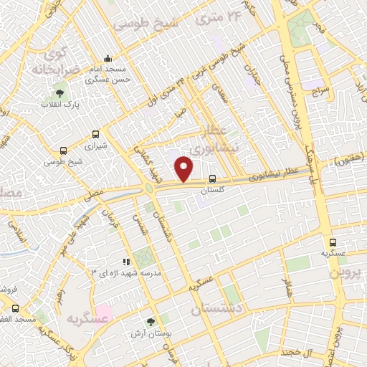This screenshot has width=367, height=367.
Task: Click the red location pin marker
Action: [184, 169]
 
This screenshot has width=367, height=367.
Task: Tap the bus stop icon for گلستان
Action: [212, 179]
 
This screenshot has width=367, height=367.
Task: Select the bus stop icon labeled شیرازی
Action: [95, 133]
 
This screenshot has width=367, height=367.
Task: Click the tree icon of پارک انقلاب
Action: [59, 93]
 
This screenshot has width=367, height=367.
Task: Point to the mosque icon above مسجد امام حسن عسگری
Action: [108, 58]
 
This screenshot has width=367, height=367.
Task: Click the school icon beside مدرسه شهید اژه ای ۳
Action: [126, 262]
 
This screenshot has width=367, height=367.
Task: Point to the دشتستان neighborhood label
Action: [219, 308]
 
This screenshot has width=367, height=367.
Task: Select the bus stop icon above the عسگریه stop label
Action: [333, 242]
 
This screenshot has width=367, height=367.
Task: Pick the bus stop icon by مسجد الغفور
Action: [15, 308]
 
